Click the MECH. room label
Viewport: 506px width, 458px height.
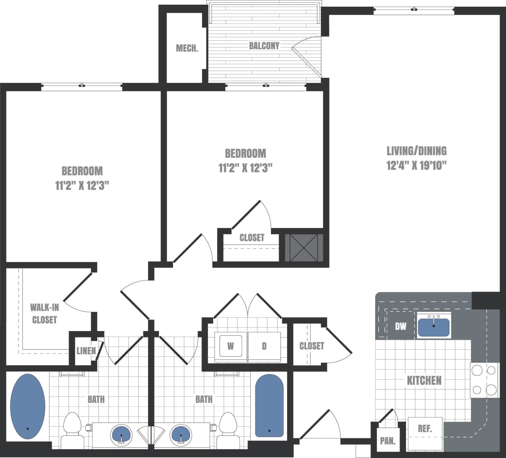[x=187, y=49]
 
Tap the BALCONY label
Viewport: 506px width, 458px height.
[x=264, y=46]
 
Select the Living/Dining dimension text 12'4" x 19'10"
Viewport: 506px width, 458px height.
[x=416, y=165]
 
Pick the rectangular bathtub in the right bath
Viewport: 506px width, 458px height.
[x=269, y=405]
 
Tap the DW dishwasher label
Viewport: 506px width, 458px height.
[x=400, y=327]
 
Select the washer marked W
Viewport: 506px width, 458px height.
[x=230, y=346]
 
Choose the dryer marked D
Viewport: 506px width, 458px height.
[x=264, y=346]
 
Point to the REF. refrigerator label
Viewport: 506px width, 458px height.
[x=425, y=429]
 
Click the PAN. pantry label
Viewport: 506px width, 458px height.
[x=387, y=441]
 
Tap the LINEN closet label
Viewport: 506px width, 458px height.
[x=86, y=350]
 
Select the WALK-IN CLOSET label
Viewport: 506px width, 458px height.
[x=44, y=314]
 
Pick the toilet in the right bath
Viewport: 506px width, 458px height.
[x=228, y=429]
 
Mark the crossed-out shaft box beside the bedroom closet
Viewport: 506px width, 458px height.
[x=304, y=248]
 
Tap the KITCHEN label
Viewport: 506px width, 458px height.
[x=424, y=380]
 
